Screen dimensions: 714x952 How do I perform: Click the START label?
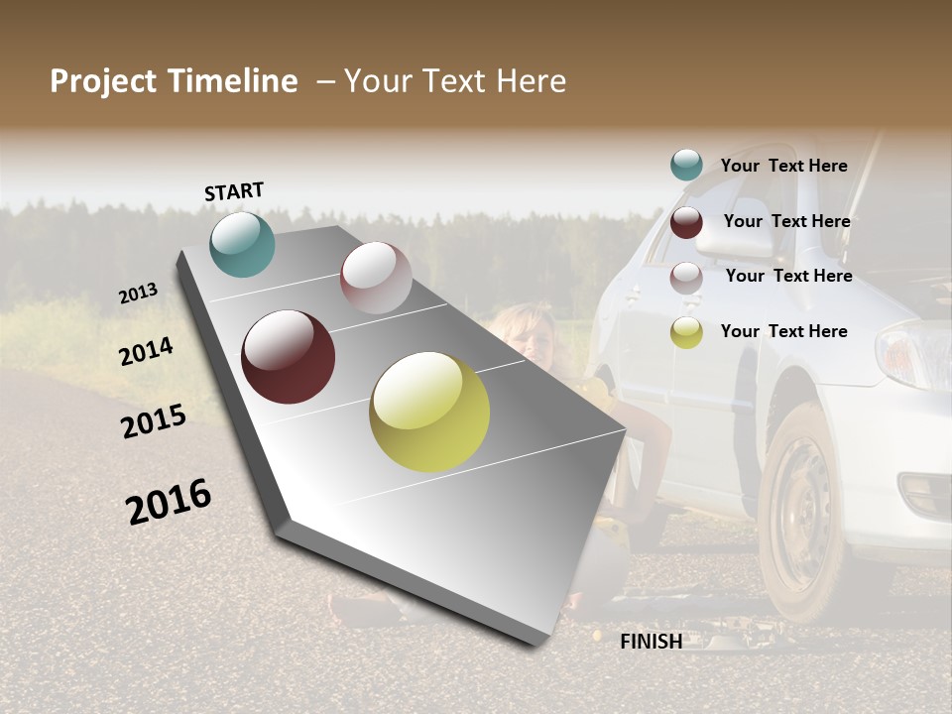234,191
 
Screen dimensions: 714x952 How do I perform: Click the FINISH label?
651,642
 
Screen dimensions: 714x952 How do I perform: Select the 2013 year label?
139,294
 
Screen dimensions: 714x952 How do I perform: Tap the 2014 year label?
146,352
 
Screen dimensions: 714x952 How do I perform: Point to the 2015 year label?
154,421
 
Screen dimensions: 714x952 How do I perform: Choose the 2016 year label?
169,501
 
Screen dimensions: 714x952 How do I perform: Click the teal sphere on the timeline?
242,245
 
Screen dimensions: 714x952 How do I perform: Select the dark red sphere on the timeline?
288,357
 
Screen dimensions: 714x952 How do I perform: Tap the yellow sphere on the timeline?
429,412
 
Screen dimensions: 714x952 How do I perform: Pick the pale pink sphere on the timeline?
376,278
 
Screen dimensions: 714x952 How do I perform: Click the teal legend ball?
686,166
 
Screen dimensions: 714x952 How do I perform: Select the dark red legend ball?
686,222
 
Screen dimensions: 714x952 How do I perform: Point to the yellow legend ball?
686,332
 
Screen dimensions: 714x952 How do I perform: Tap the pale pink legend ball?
686,278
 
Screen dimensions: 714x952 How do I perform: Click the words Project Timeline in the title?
174,81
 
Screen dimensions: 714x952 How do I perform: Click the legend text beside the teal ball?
783,166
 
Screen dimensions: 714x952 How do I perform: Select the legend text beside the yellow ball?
783,331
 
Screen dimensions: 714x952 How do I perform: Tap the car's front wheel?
805,511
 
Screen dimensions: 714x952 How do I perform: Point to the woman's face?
535,337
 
